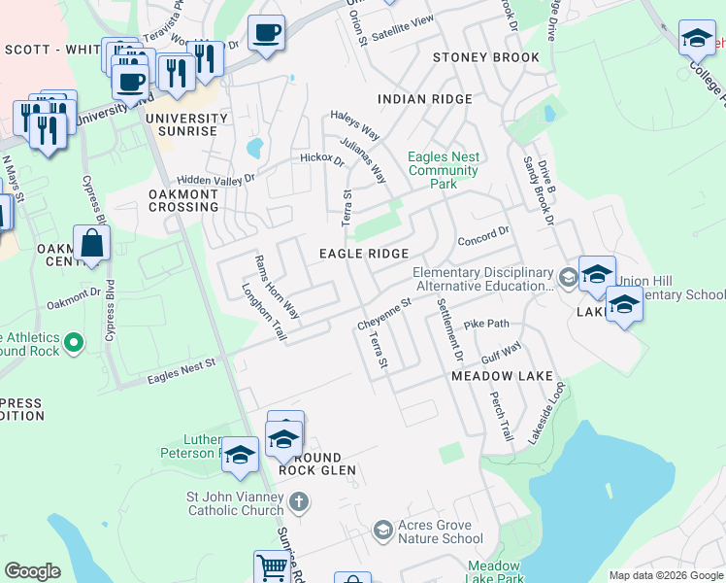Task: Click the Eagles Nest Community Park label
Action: pyautogui.click(x=444, y=170)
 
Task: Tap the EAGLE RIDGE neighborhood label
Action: pyautogui.click(x=364, y=254)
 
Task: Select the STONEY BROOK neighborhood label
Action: pyautogui.click(x=485, y=57)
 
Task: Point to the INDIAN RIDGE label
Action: pyautogui.click(x=424, y=99)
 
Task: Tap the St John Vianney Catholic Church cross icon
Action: pyautogui.click(x=300, y=502)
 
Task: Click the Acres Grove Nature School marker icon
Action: pyautogui.click(x=382, y=530)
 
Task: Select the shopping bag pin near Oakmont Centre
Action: pyautogui.click(x=91, y=244)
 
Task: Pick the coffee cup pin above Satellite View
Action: pyautogui.click(x=266, y=33)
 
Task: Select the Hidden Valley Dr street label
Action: pyautogui.click(x=215, y=179)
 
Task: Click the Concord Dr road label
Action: pyautogui.click(x=482, y=236)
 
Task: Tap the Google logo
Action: pyautogui.click(x=32, y=571)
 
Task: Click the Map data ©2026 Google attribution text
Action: pyautogui.click(x=665, y=575)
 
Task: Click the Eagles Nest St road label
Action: pyautogui.click(x=181, y=370)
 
